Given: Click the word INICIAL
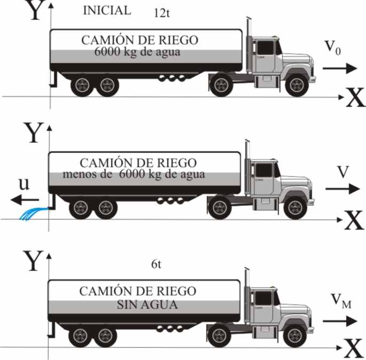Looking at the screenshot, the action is (x=107, y=11).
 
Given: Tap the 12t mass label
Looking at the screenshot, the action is (x=162, y=13).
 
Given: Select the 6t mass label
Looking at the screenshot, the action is (x=156, y=264).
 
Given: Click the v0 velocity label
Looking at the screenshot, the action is (x=333, y=48).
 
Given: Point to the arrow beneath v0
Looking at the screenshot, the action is (x=340, y=68).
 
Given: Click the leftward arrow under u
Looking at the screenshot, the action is (x=25, y=200).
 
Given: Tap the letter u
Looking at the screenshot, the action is (x=24, y=184).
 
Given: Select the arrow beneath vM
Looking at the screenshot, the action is (x=340, y=321).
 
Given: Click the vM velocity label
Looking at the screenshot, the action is (x=341, y=301).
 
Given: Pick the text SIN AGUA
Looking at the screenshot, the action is (x=147, y=304).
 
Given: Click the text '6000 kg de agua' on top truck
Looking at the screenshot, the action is (x=137, y=52).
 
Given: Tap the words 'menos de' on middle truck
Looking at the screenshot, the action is (x=88, y=174).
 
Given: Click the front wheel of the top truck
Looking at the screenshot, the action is (x=297, y=85).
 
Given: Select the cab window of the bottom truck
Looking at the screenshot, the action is (x=263, y=298).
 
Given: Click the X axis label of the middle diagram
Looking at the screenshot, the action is (x=354, y=220).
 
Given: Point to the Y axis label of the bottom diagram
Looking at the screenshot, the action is (x=34, y=261).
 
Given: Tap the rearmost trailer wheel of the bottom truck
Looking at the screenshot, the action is (x=80, y=336).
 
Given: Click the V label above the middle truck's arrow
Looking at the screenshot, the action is (x=343, y=171).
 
